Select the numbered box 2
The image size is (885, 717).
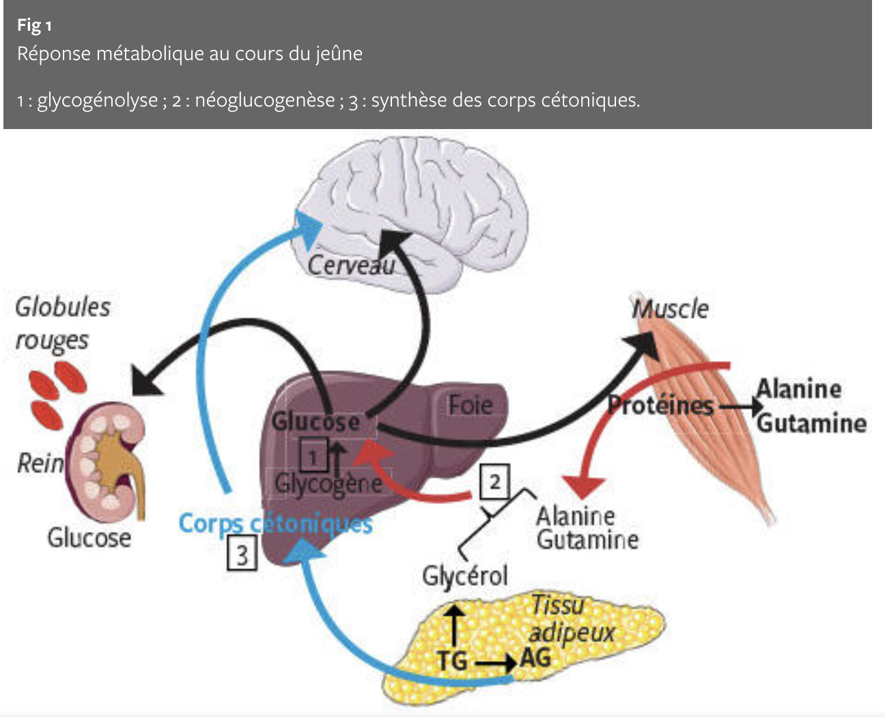tap(494, 482)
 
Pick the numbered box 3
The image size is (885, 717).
tap(242, 554)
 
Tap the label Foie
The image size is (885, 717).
tap(470, 405)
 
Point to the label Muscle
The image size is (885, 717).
tap(670, 309)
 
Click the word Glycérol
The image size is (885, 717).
tap(465, 576)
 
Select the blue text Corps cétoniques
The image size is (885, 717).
tap(275, 524)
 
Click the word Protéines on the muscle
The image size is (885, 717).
tap(660, 406)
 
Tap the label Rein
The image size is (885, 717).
tap(39, 464)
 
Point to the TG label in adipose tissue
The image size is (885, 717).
tap(452, 661)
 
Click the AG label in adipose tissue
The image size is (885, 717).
tap(535, 658)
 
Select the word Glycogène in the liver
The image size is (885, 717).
tap(328, 483)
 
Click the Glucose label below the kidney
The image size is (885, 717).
tap(89, 538)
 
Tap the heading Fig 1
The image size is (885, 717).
tap(34, 26)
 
